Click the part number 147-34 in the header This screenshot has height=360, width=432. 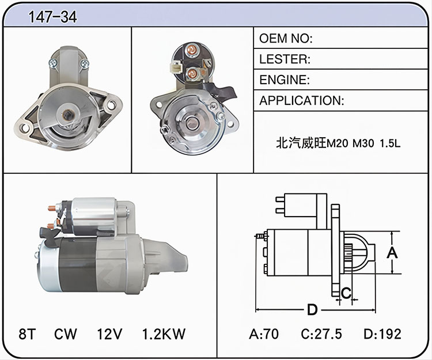52,17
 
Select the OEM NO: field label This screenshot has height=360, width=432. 286,38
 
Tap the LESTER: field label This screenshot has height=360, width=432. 285,59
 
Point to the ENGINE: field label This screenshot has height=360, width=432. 285,79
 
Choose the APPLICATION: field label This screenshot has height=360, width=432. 302,101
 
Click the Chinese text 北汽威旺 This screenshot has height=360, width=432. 301,143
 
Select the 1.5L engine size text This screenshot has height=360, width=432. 390,143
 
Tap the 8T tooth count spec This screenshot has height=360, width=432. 27,334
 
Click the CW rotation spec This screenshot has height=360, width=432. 66,334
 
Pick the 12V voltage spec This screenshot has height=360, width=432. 109,334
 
